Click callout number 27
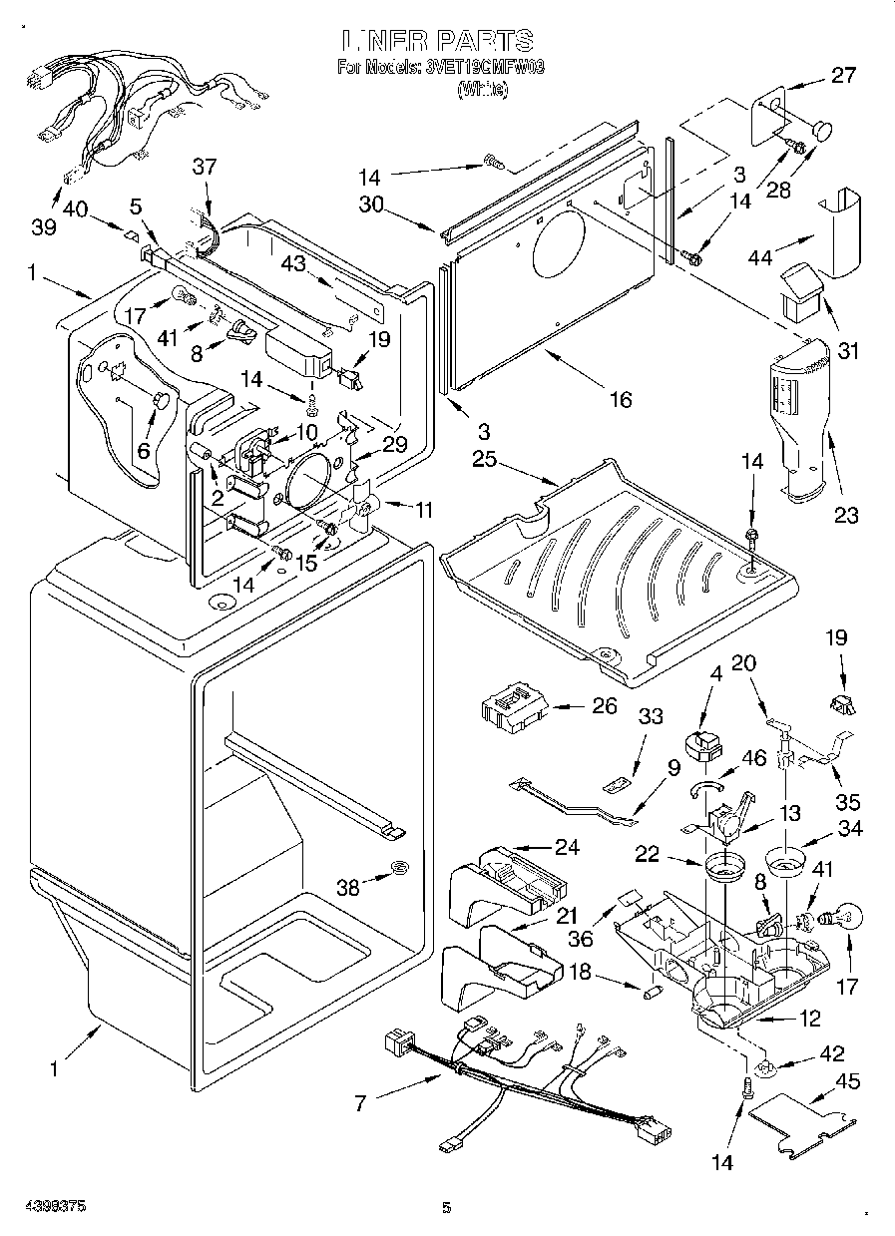(843, 75)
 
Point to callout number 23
(846, 515)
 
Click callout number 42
(830, 1054)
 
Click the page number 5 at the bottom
(447, 1209)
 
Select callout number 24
(567, 848)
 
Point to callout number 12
(810, 1019)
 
